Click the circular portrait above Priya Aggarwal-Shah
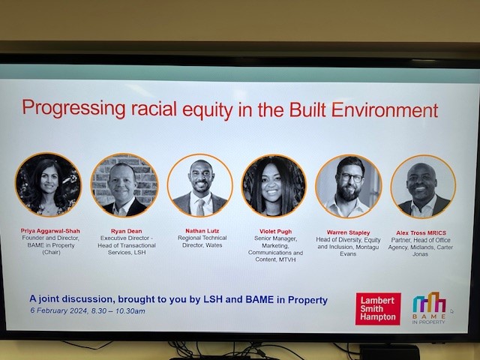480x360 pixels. (x=48, y=184)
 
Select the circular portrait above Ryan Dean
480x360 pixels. (x=124, y=185)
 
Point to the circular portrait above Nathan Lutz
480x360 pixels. (x=199, y=185)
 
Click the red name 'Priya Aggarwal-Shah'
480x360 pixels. (x=50, y=232)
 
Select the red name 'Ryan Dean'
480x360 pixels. (x=124, y=232)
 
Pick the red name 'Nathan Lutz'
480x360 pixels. (x=200, y=231)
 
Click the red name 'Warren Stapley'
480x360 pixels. (x=348, y=232)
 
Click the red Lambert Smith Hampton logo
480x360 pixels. (x=377, y=308)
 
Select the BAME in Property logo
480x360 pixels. (x=429, y=307)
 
